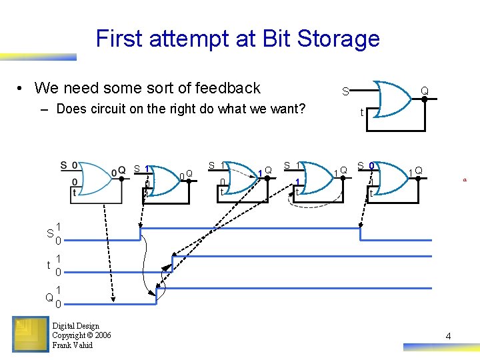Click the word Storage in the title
pos(339,39)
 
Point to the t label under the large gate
pos(362,113)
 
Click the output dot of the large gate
pos(425,99)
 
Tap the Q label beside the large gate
pos(424,90)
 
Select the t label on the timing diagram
pos(49,265)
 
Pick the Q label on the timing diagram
pos(49,297)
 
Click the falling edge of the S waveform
pos(360,234)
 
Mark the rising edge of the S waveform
pos(140,234)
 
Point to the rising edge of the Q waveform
pos(155,296)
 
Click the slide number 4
pos(448,336)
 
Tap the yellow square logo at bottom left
pos(29,334)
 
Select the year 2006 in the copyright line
pos(102,335)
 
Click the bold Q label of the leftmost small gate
pos(121,171)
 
